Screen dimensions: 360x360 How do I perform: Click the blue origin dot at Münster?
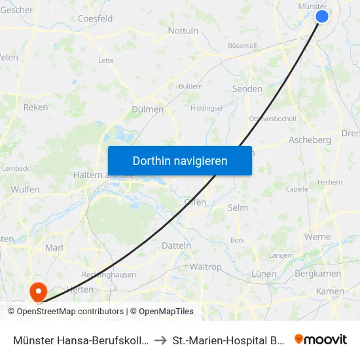[321, 16]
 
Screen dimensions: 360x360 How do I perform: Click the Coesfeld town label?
[95, 19]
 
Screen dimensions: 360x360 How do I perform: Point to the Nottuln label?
[183, 30]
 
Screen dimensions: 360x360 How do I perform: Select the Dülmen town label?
[147, 109]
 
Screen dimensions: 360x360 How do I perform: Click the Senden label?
[247, 88]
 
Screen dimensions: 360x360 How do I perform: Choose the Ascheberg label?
[310, 140]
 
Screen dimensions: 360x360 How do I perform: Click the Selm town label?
[237, 207]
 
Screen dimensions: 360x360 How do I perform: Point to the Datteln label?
[176, 245]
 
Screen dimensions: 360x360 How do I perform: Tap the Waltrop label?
[206, 266]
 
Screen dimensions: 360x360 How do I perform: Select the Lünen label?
[263, 273]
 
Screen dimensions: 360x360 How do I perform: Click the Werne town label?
[317, 236]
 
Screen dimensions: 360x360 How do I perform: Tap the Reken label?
[35, 107]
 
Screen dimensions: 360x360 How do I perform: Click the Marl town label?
[54, 247]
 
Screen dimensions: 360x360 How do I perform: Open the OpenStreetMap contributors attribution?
[70, 312]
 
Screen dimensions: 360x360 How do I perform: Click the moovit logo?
[321, 339]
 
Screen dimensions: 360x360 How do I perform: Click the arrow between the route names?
[160, 340]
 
